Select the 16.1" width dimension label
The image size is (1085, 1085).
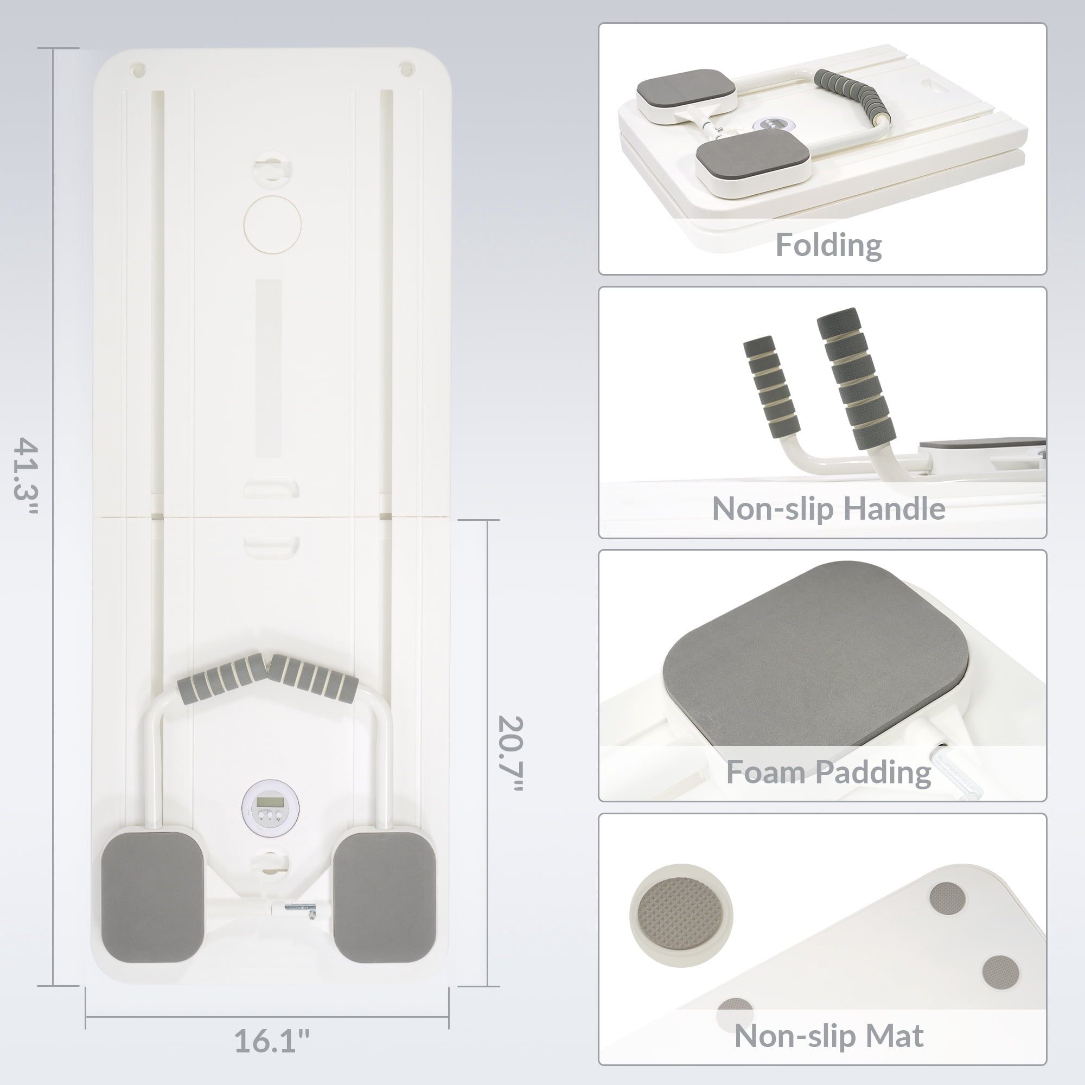point(272,1041)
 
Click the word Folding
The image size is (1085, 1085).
point(828,246)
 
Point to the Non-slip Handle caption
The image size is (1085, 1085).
point(828,508)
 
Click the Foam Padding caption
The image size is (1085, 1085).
point(828,772)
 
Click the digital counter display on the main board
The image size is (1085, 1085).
point(270,807)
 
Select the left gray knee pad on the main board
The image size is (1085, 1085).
point(152,896)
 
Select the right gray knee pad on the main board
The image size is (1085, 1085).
point(385,896)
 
